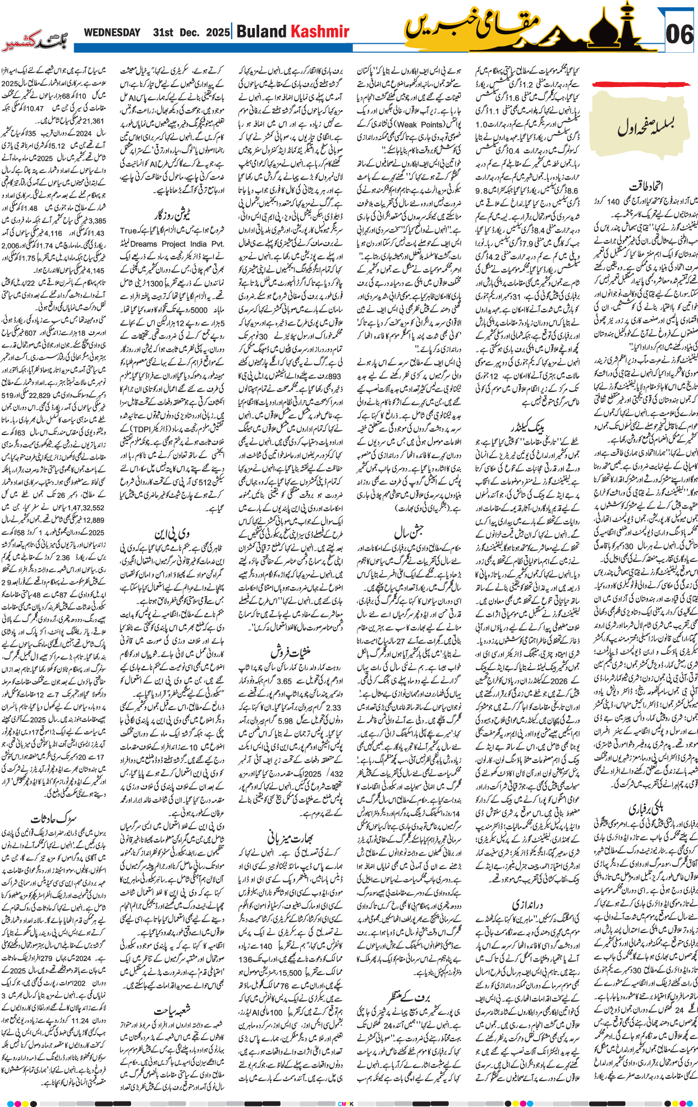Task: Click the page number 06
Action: (x=679, y=34)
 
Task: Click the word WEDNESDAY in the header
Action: (x=112, y=33)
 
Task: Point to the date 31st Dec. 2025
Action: (x=191, y=33)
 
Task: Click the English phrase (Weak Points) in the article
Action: (x=420, y=124)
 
